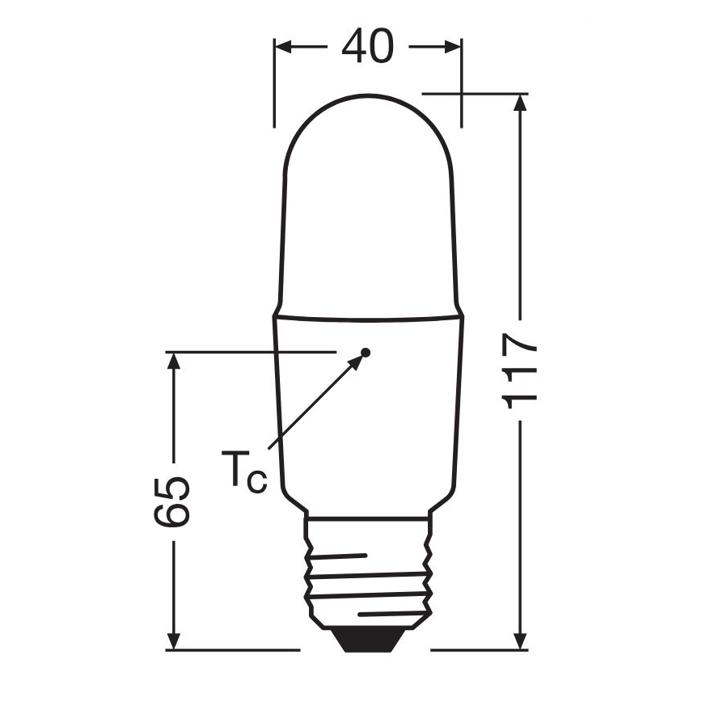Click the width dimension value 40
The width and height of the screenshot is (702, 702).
367,47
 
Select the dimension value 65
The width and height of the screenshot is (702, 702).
172,501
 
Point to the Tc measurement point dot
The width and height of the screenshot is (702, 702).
366,352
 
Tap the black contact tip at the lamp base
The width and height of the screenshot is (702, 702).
367,640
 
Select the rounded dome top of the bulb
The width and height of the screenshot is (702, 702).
368,121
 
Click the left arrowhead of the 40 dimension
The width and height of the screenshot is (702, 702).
284,47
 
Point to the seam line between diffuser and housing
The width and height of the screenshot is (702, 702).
368,316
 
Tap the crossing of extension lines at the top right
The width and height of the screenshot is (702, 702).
462,93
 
